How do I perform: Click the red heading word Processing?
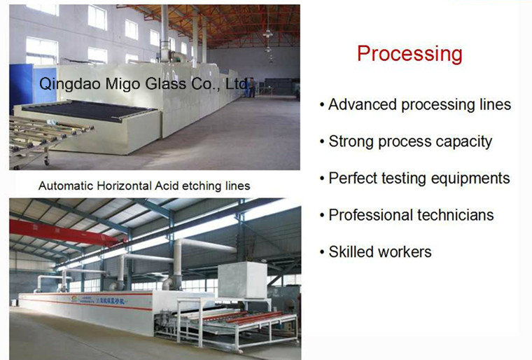409,54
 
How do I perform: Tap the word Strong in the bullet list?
351,141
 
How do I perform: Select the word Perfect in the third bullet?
353,178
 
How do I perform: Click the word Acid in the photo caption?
178,186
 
